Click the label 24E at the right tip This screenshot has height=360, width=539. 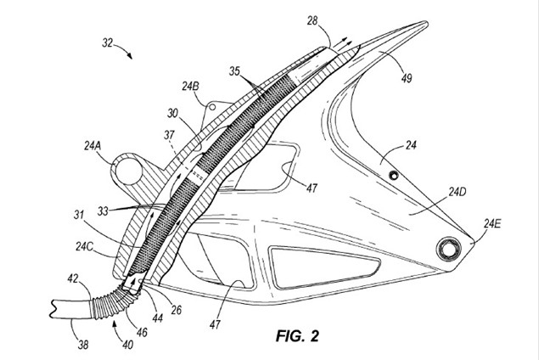coord(493,224)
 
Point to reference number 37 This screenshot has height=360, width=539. coord(170,135)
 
